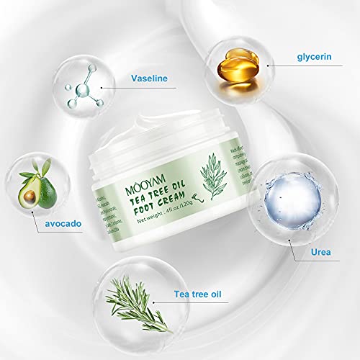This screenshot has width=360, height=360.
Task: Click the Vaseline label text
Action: (150, 79)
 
